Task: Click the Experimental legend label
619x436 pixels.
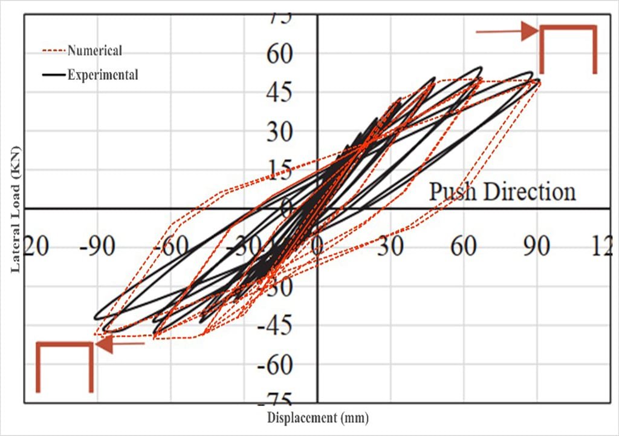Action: pyautogui.click(x=103, y=74)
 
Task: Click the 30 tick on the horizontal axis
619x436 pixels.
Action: pyautogui.click(x=391, y=248)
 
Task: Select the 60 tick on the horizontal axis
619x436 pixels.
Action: pyautogui.click(x=464, y=248)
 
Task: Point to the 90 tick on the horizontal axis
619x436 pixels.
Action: pyautogui.click(x=537, y=248)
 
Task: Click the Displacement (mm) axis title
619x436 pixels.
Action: pyautogui.click(x=317, y=418)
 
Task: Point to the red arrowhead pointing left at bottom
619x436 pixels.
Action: pyautogui.click(x=103, y=344)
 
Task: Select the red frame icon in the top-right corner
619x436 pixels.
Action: pyautogui.click(x=568, y=48)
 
